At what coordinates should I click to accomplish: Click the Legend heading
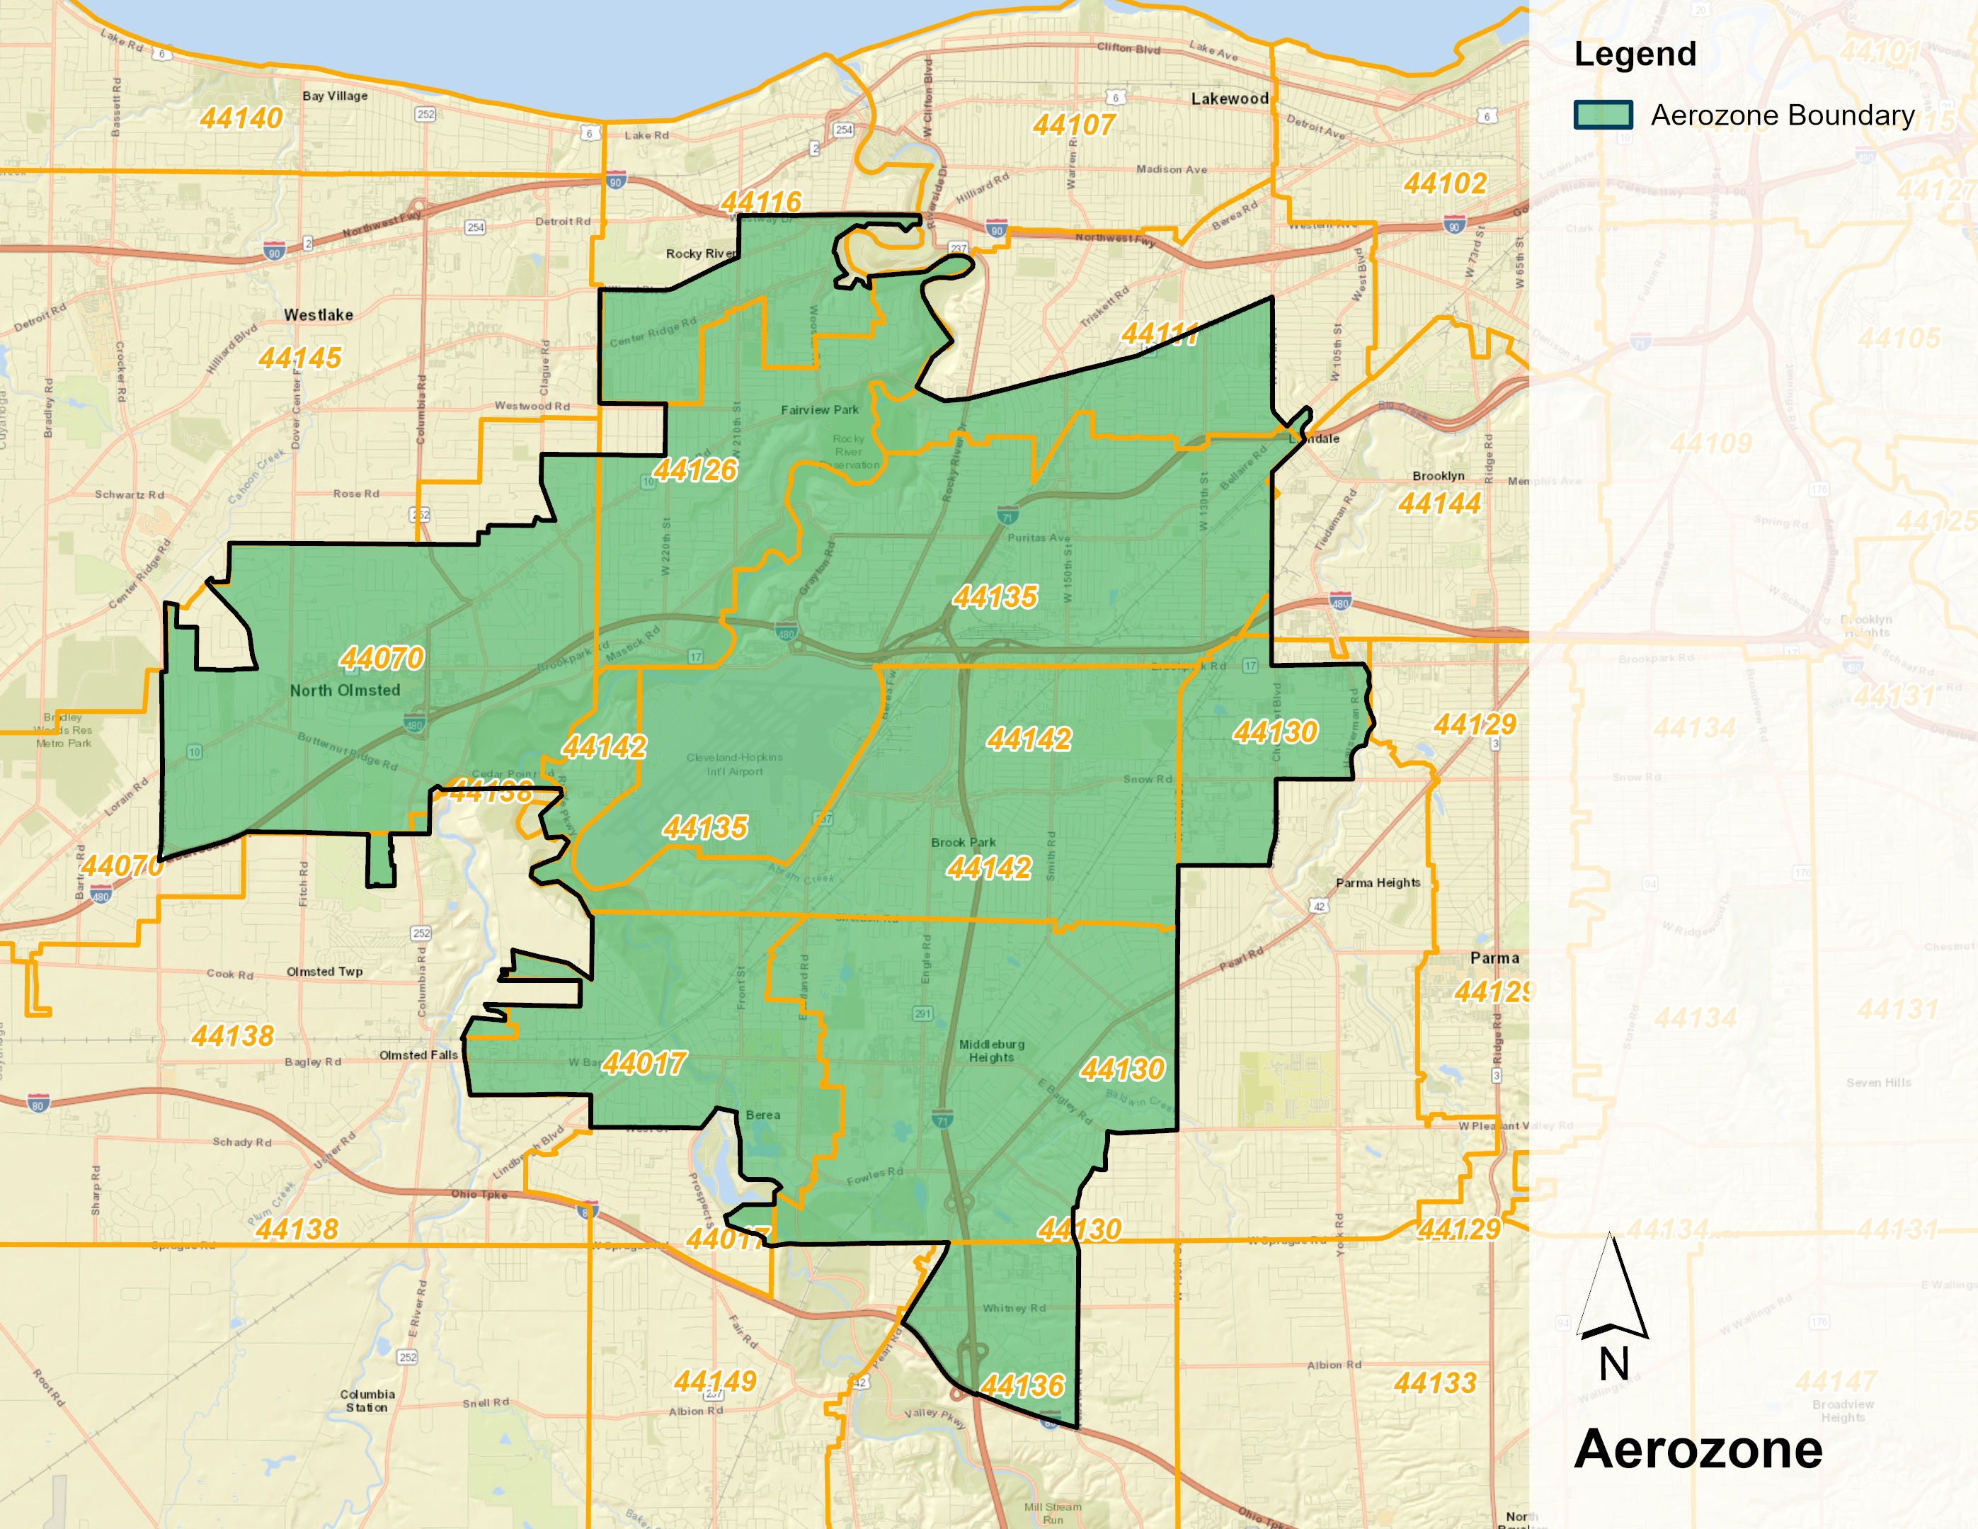(x=1635, y=55)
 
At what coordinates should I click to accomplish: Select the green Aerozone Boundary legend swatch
(x=1603, y=115)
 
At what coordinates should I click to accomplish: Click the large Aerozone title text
(x=1698, y=1449)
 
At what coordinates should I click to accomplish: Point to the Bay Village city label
(x=335, y=96)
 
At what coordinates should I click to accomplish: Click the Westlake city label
(x=319, y=315)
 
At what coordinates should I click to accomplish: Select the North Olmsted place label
(x=345, y=690)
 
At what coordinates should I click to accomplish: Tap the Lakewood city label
(x=1229, y=98)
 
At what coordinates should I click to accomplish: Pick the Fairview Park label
(x=820, y=410)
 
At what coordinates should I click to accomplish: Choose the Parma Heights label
(x=1378, y=883)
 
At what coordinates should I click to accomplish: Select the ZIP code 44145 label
(x=299, y=358)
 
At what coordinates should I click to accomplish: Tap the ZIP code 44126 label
(x=696, y=470)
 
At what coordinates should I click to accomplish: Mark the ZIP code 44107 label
(x=1073, y=125)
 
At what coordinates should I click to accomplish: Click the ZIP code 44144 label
(x=1439, y=504)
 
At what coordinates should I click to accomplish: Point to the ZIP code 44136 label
(x=1022, y=1386)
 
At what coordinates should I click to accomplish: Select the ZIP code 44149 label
(x=714, y=1382)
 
